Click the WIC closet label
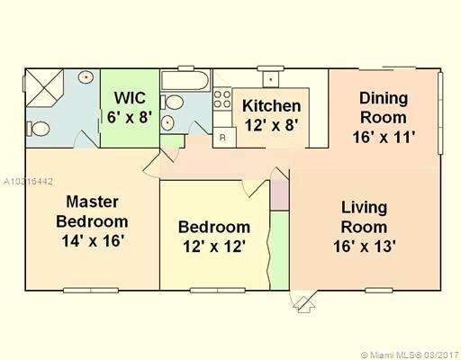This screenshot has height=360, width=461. pos(130,98)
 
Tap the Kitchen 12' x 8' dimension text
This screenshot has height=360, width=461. pos(272,125)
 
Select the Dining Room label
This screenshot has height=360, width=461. pos(384,108)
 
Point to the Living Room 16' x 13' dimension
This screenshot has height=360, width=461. pos(364,247)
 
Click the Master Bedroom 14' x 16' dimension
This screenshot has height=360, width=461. pos(93,240)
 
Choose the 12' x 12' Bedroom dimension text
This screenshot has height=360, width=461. pos(214,247)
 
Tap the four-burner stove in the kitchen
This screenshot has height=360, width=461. pos(222,99)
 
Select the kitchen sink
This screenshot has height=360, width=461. pos(271,79)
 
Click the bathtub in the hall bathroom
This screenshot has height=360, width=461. pos(185,80)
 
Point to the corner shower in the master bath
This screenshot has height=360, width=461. pos(44,87)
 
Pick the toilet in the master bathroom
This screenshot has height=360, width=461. pos(38,129)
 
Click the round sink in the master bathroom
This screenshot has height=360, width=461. pos(86,77)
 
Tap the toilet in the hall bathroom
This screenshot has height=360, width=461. pos(172,103)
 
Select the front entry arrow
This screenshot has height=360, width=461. pos(304,304)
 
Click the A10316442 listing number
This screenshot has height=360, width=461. pos(28,182)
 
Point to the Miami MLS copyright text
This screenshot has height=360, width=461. pos(411,355)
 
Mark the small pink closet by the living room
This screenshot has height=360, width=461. pos(279,194)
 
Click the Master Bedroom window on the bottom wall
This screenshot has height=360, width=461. pos(91,290)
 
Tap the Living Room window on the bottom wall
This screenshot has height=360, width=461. pos(379,290)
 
